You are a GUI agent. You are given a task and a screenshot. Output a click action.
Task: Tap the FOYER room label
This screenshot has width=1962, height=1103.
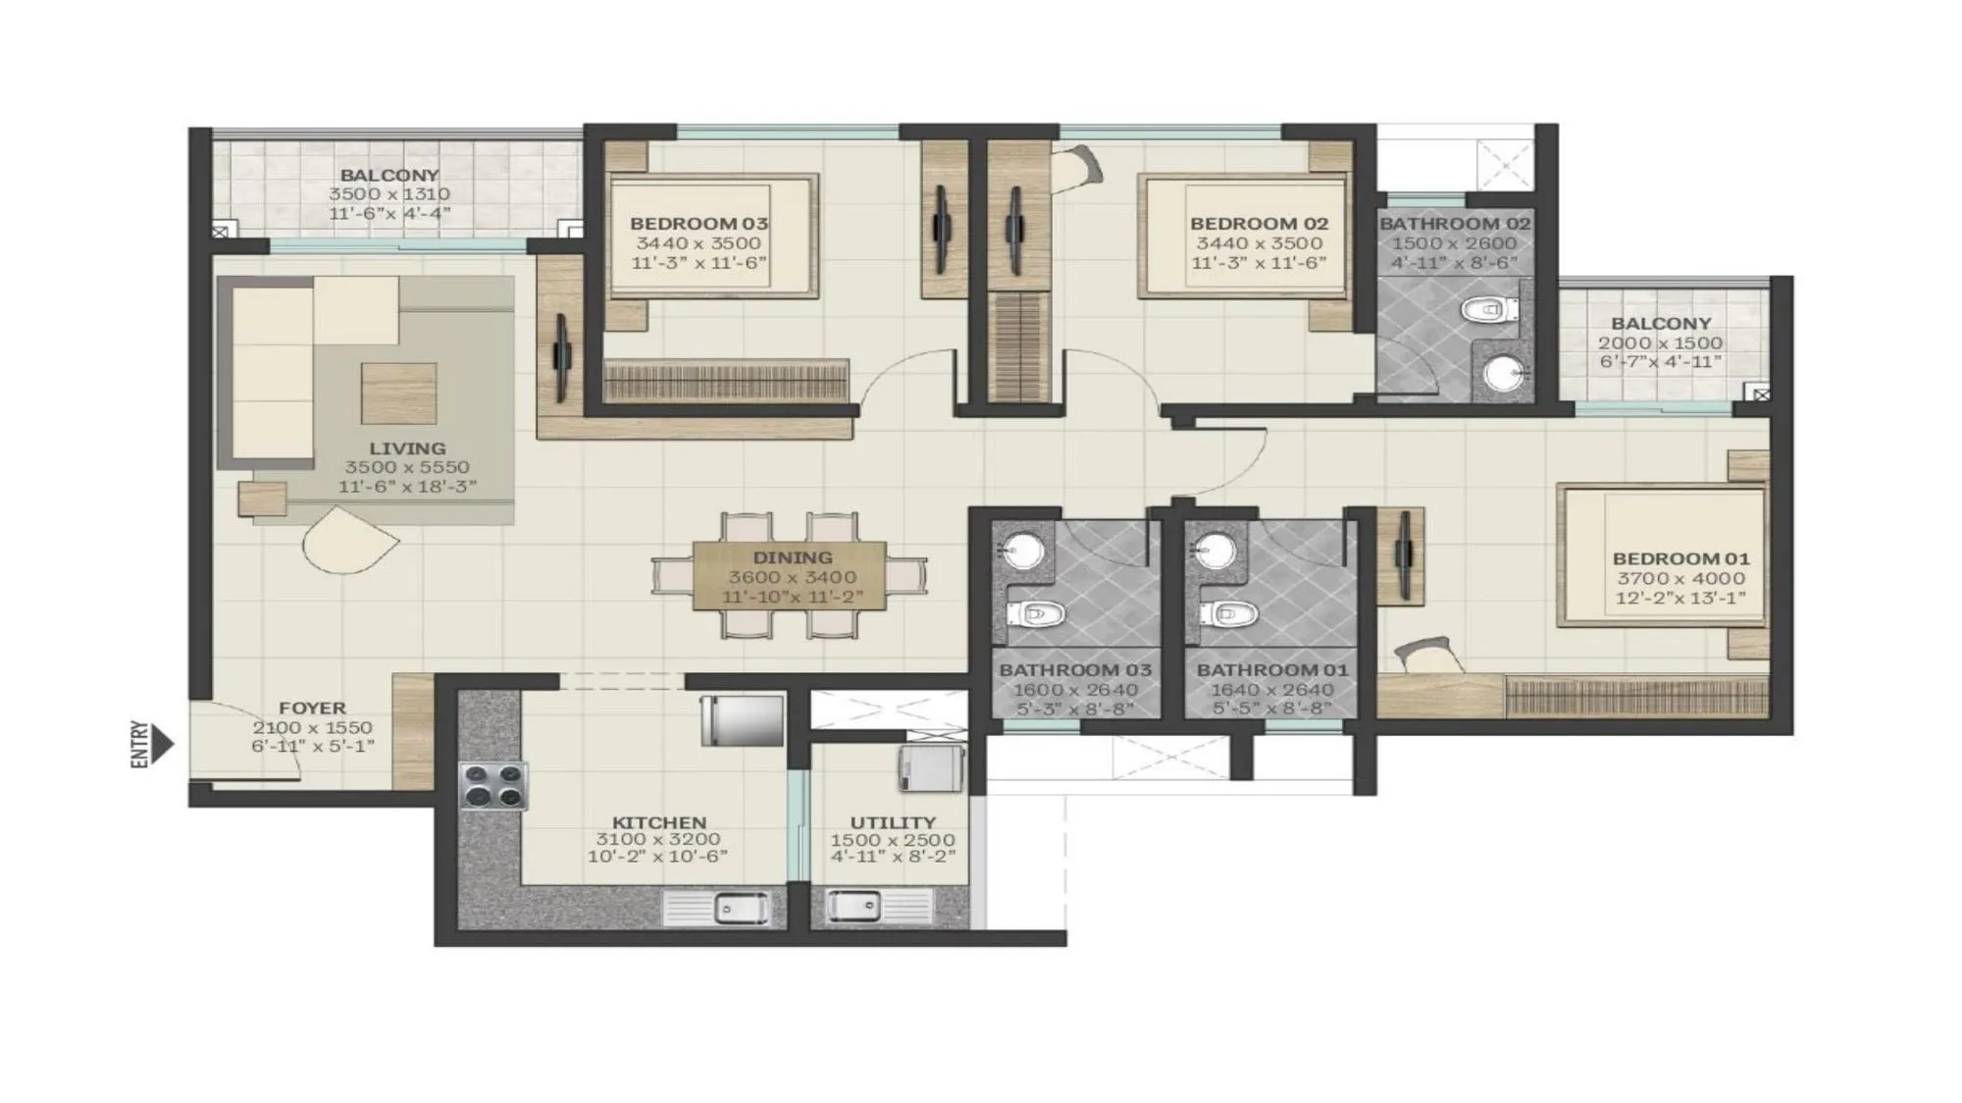312,708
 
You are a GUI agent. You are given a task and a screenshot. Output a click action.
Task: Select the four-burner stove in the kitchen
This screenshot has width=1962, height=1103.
493,785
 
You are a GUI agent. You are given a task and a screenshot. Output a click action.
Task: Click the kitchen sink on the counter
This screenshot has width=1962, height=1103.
726,909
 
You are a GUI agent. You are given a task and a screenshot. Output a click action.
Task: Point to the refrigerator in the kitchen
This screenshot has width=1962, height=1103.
743,720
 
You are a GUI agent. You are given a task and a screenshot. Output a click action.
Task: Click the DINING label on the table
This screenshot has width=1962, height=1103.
793,557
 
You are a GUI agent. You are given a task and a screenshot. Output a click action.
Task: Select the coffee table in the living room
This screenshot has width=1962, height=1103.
399,393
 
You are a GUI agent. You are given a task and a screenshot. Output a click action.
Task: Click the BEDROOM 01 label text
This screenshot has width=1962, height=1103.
1680,558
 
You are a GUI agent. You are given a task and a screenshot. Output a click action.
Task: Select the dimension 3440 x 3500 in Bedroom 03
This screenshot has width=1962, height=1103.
697,243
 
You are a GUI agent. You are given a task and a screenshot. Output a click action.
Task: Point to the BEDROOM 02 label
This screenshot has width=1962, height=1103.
1259,224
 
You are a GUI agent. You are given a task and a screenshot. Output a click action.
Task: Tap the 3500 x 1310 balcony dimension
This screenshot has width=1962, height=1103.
388,194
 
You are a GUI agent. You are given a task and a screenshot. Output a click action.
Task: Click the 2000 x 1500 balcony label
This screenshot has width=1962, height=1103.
1660,342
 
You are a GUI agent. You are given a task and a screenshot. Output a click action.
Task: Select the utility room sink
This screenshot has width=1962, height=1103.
855,905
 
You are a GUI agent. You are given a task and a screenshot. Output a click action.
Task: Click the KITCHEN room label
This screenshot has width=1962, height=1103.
658,822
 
